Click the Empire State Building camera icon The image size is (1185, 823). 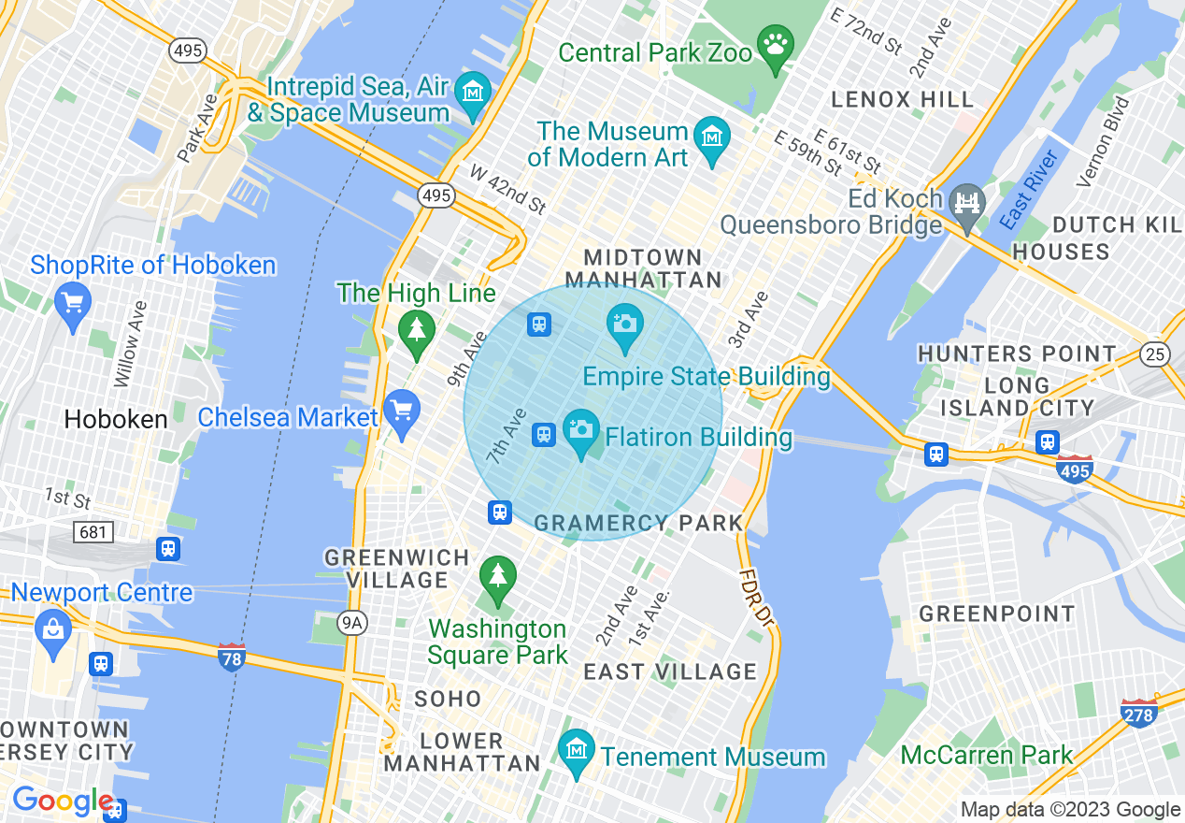624,324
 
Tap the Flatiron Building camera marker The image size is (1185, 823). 580,429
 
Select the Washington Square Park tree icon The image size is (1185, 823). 497,573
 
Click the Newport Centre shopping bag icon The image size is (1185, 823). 53,628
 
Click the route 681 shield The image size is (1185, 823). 93,532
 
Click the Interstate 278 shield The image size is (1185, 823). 1138,713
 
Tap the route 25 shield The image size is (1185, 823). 1155,354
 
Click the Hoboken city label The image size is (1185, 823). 116,419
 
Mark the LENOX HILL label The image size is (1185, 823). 902,99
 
